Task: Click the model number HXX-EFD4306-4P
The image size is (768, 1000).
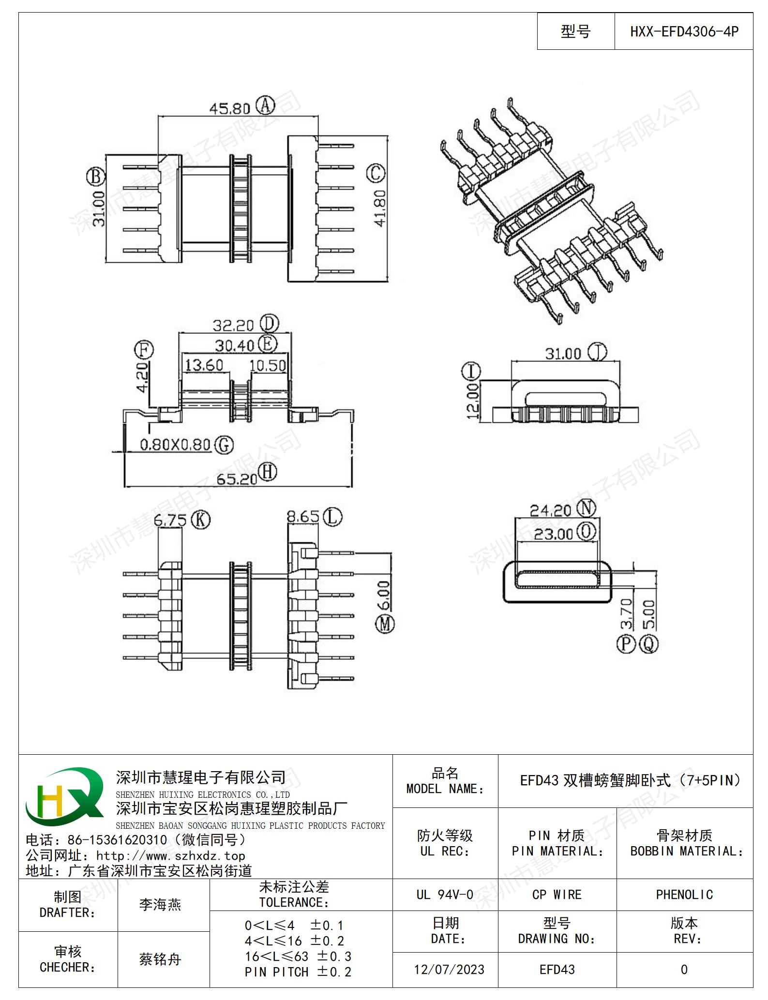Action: (684, 31)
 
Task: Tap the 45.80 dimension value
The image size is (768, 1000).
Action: (230, 108)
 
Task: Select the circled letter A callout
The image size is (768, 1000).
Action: (265, 105)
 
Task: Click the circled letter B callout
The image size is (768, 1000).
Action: (96, 177)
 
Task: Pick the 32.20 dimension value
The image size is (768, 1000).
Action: (233, 325)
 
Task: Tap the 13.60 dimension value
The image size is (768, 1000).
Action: (204, 364)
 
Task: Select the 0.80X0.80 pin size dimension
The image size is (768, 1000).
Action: (175, 444)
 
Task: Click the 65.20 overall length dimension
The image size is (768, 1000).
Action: (237, 479)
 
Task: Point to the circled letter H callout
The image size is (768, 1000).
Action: (267, 472)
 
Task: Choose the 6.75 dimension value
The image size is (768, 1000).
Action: (170, 521)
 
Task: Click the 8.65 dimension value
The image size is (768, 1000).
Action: (303, 517)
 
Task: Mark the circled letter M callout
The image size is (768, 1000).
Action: (385, 624)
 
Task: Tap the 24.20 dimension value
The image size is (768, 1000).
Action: (551, 510)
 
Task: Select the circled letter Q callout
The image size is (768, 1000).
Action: (649, 644)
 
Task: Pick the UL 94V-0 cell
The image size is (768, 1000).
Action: (445, 895)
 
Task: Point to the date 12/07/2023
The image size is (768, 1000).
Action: (449, 969)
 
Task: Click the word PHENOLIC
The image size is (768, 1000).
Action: (684, 895)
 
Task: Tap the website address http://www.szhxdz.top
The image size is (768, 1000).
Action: (171, 855)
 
